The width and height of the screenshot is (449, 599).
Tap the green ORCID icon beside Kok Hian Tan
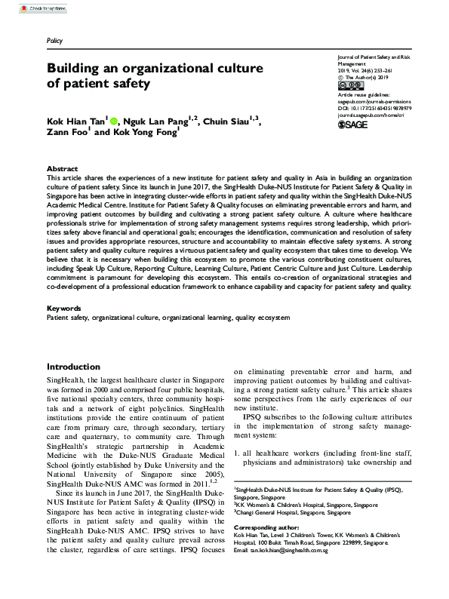(115, 121)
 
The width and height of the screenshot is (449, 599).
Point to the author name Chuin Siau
(228, 121)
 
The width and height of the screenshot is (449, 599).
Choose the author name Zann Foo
(67, 136)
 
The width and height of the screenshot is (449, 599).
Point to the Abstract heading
(62, 169)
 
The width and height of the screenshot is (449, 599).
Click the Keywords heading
(64, 309)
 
